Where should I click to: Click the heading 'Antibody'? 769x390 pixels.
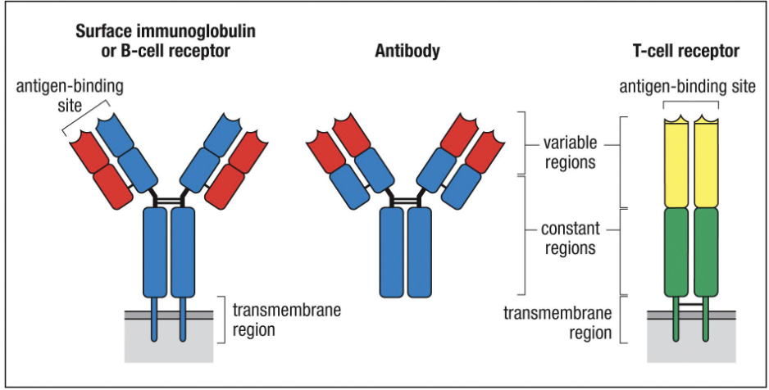pyautogui.click(x=407, y=52)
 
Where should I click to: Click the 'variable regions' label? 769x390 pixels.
pyautogui.click(x=569, y=152)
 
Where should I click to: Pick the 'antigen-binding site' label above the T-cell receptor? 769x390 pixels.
pyautogui.click(x=687, y=86)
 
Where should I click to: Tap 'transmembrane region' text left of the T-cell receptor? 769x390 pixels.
pyautogui.click(x=557, y=323)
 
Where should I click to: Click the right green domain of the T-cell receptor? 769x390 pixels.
pyautogui.click(x=706, y=250)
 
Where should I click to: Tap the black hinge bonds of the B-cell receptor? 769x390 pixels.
pyautogui.click(x=168, y=199)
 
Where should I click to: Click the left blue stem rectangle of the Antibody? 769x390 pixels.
pyautogui.click(x=392, y=251)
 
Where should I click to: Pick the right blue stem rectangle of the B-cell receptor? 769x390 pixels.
pyautogui.click(x=182, y=251)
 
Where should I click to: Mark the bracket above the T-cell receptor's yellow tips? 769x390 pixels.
pyautogui.click(x=690, y=104)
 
